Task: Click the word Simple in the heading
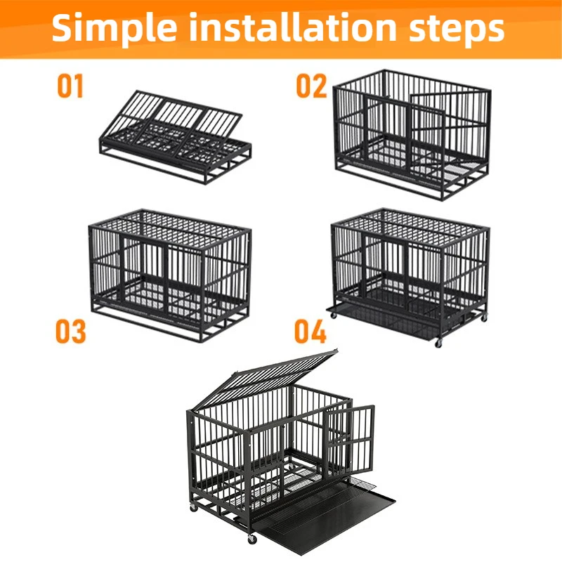coord(115,28)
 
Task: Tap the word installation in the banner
coord(292,27)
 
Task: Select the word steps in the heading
coord(456,30)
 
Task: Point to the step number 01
coord(70,86)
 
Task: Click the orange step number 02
coord(311,86)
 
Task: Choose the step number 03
coord(71,332)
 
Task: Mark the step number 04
coord(311,332)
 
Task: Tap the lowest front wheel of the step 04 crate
coord(438,344)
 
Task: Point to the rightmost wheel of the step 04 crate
coord(484,318)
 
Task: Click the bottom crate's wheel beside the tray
coord(252,539)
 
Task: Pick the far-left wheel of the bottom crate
coord(194,507)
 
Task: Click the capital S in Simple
coord(62,27)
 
